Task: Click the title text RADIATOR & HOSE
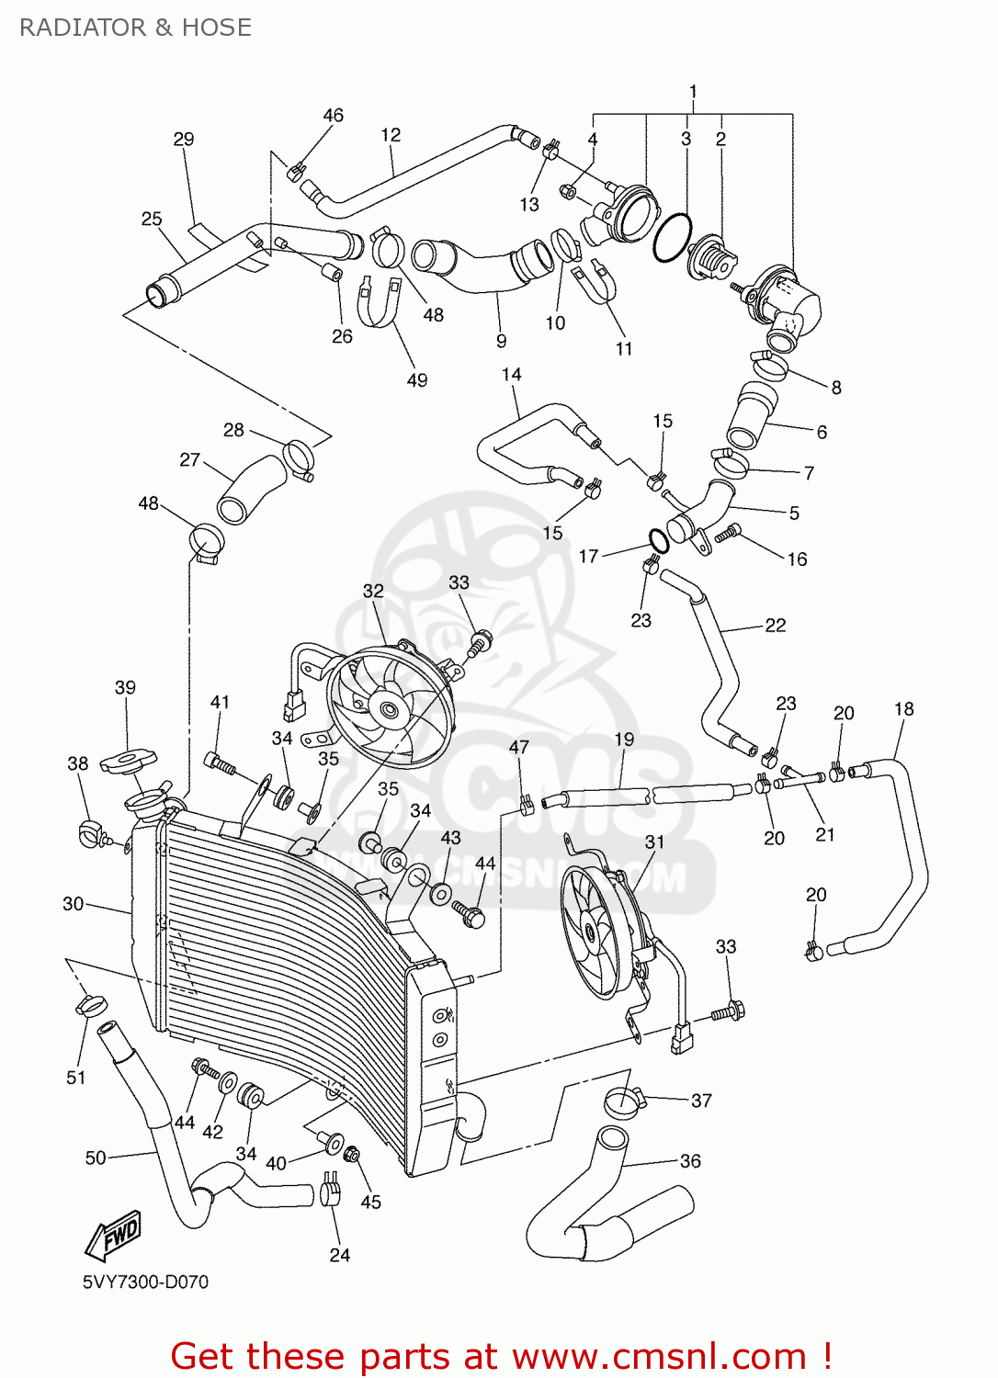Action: [x=135, y=28]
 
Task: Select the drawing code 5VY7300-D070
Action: [x=145, y=1282]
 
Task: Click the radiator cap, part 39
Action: [x=128, y=760]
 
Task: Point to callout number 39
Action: [x=125, y=687]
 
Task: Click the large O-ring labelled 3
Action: [x=673, y=237]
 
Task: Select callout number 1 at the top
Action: [x=693, y=91]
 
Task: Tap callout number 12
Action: [x=391, y=135]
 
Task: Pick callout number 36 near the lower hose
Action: [x=690, y=1161]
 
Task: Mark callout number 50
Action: [x=96, y=1158]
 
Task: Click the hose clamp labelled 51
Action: [x=90, y=1005]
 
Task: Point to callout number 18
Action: [x=903, y=708]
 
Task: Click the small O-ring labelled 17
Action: [x=656, y=539]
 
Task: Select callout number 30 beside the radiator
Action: [x=74, y=904]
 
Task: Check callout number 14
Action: [x=512, y=375]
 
